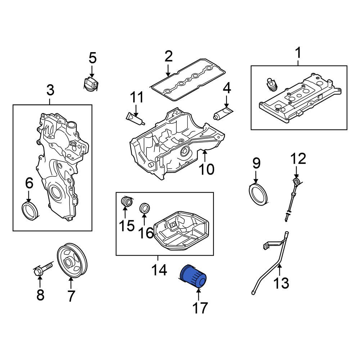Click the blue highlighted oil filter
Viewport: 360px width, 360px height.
[x=193, y=276]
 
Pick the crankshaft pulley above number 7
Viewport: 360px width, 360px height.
[x=73, y=261]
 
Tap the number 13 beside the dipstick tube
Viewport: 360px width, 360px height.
[x=281, y=283]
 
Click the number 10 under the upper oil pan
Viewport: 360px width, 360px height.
[x=207, y=168]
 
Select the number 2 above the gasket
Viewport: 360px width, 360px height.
[x=168, y=56]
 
